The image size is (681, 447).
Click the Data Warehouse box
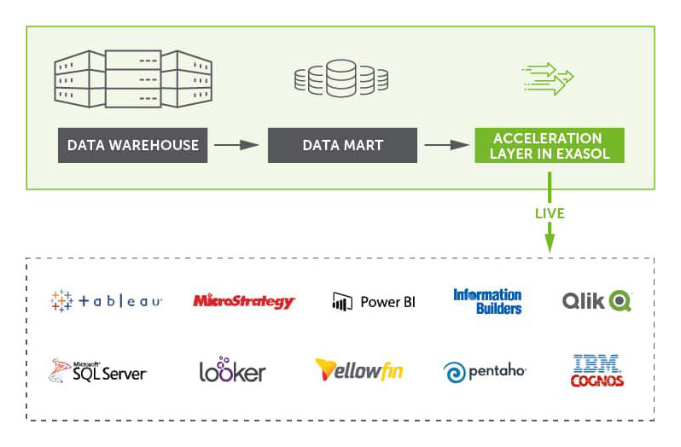click(x=133, y=145)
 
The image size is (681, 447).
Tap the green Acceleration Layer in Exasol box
click(x=549, y=145)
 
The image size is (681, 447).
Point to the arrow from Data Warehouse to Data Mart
click(x=236, y=145)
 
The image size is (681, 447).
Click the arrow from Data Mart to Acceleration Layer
click(x=444, y=145)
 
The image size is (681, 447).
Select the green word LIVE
click(x=550, y=212)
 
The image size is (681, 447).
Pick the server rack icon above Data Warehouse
click(x=132, y=79)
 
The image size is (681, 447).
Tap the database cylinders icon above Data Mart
click(x=341, y=78)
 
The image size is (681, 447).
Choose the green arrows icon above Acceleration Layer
click(x=548, y=78)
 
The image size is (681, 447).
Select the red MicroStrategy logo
click(x=244, y=301)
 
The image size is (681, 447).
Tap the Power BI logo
click(x=374, y=301)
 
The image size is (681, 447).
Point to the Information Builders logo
click(x=487, y=301)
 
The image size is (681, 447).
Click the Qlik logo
click(x=597, y=301)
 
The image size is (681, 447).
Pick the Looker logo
click(x=232, y=370)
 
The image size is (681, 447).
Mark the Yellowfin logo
click(x=358, y=369)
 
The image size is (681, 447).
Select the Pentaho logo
click(x=485, y=372)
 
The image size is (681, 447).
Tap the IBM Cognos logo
click(x=597, y=371)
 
